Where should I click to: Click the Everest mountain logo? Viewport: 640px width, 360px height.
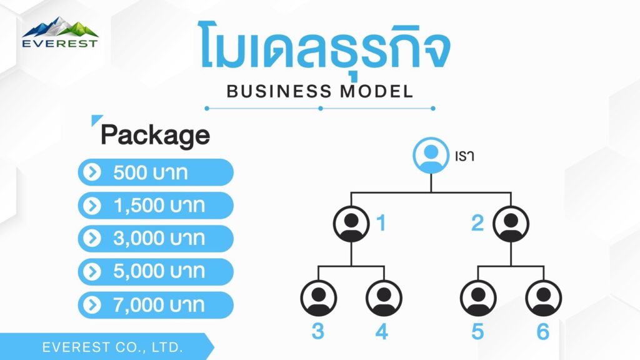click(x=60, y=32)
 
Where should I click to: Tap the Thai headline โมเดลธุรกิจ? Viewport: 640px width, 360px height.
click(x=325, y=49)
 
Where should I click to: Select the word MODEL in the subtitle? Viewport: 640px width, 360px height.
click(x=377, y=91)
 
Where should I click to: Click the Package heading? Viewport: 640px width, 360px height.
click(x=155, y=135)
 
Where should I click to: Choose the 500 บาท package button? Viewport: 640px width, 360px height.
click(x=156, y=172)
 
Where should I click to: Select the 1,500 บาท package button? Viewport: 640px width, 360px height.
click(x=156, y=205)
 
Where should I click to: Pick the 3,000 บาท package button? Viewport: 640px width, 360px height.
click(x=156, y=238)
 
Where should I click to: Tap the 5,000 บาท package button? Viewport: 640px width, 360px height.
click(x=156, y=271)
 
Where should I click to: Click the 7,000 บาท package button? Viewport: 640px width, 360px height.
click(x=156, y=305)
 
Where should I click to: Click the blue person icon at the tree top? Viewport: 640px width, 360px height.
click(x=431, y=156)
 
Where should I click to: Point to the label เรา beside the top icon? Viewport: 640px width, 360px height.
click(x=464, y=156)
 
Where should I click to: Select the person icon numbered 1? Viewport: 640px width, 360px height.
click(x=351, y=224)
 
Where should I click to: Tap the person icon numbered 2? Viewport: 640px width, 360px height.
click(x=511, y=224)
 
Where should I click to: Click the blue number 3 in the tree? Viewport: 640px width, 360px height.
click(x=318, y=331)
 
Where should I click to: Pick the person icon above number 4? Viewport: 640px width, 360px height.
click(x=384, y=298)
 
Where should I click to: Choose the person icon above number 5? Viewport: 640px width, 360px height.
click(x=478, y=298)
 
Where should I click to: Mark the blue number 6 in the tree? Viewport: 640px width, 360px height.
click(x=543, y=331)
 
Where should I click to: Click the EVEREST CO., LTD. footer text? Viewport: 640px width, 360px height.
click(x=112, y=347)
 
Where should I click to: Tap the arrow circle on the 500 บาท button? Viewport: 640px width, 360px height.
click(x=92, y=172)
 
